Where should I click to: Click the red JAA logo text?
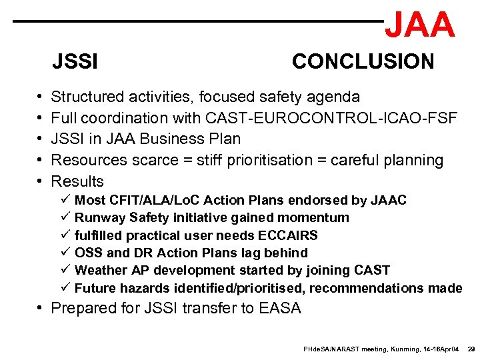[x=420, y=25]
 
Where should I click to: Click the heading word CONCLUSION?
[x=363, y=62]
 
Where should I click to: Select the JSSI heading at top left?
[x=75, y=63]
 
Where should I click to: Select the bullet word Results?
[x=77, y=181]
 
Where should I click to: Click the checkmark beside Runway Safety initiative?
[x=65, y=217]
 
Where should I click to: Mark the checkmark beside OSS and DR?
[x=65, y=253]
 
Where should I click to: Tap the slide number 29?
[x=471, y=349]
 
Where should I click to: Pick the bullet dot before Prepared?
[x=41, y=309]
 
